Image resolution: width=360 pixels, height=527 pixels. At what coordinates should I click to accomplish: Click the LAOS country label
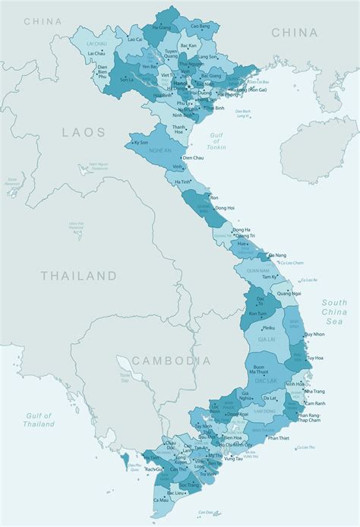point(84,132)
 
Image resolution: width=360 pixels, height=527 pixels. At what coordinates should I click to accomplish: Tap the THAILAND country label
point(79,276)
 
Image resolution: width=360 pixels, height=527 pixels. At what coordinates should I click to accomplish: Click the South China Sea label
point(334,311)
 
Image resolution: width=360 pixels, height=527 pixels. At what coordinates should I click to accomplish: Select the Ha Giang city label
point(162,27)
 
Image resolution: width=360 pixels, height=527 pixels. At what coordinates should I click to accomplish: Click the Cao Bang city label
point(200,26)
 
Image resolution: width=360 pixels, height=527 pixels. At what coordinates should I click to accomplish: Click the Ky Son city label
point(141,143)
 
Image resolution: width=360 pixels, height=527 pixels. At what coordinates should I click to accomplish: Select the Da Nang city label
point(277,256)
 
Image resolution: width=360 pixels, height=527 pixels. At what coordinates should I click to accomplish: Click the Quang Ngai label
point(286,292)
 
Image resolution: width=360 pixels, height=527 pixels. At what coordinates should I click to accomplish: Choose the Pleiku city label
point(268,328)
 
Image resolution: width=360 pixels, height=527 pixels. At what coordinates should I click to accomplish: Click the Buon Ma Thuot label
point(263,371)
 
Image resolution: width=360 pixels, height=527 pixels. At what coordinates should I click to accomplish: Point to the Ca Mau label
point(161,500)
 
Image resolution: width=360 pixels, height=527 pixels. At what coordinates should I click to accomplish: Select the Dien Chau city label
point(193,158)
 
